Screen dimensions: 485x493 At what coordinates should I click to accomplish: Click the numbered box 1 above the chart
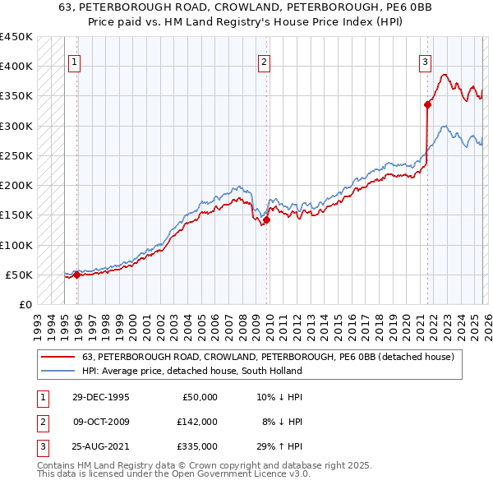[x=74, y=61]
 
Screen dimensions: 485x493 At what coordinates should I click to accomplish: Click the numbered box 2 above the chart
[x=264, y=61]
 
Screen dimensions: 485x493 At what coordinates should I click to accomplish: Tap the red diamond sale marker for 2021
[x=428, y=104]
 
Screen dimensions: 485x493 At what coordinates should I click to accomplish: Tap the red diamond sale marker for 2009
[x=266, y=219]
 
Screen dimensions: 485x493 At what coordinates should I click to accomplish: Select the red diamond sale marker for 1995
[x=77, y=275]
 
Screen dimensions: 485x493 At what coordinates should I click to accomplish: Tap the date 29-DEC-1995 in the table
[x=101, y=397]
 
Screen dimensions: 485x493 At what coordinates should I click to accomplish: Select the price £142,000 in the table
[x=197, y=422]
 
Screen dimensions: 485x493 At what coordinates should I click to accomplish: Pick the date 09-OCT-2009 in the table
[x=101, y=422]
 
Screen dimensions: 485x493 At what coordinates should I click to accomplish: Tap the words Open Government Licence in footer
[x=236, y=473]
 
